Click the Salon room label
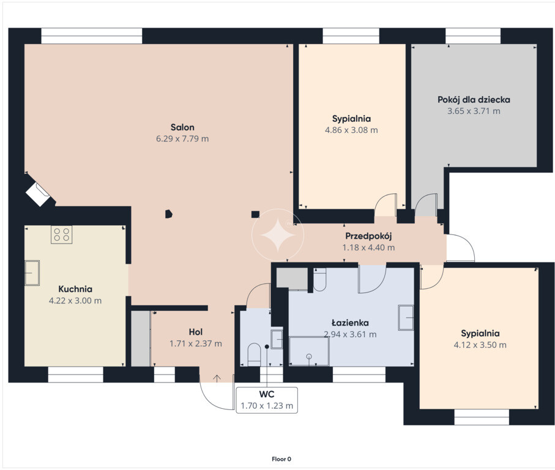pos(182,127)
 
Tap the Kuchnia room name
pos(75,289)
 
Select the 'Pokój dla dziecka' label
pos(474,100)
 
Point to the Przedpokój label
pos(368,236)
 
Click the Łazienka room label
pos(350,323)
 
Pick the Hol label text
pos(195,332)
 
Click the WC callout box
pos(267,400)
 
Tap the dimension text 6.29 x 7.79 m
pos(182,139)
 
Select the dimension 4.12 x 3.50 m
pos(480,345)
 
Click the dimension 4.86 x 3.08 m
pos(351,130)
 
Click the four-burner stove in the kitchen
pos(62,234)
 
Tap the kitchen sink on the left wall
pos(32,273)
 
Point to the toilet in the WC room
pos(254,354)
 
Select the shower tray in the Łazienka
pos(309,351)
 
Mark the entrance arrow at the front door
pos(217,378)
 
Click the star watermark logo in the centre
pos(278,235)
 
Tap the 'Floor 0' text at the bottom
pos(281,459)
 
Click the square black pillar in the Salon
pos(255,214)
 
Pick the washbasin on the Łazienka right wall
pos(406,318)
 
